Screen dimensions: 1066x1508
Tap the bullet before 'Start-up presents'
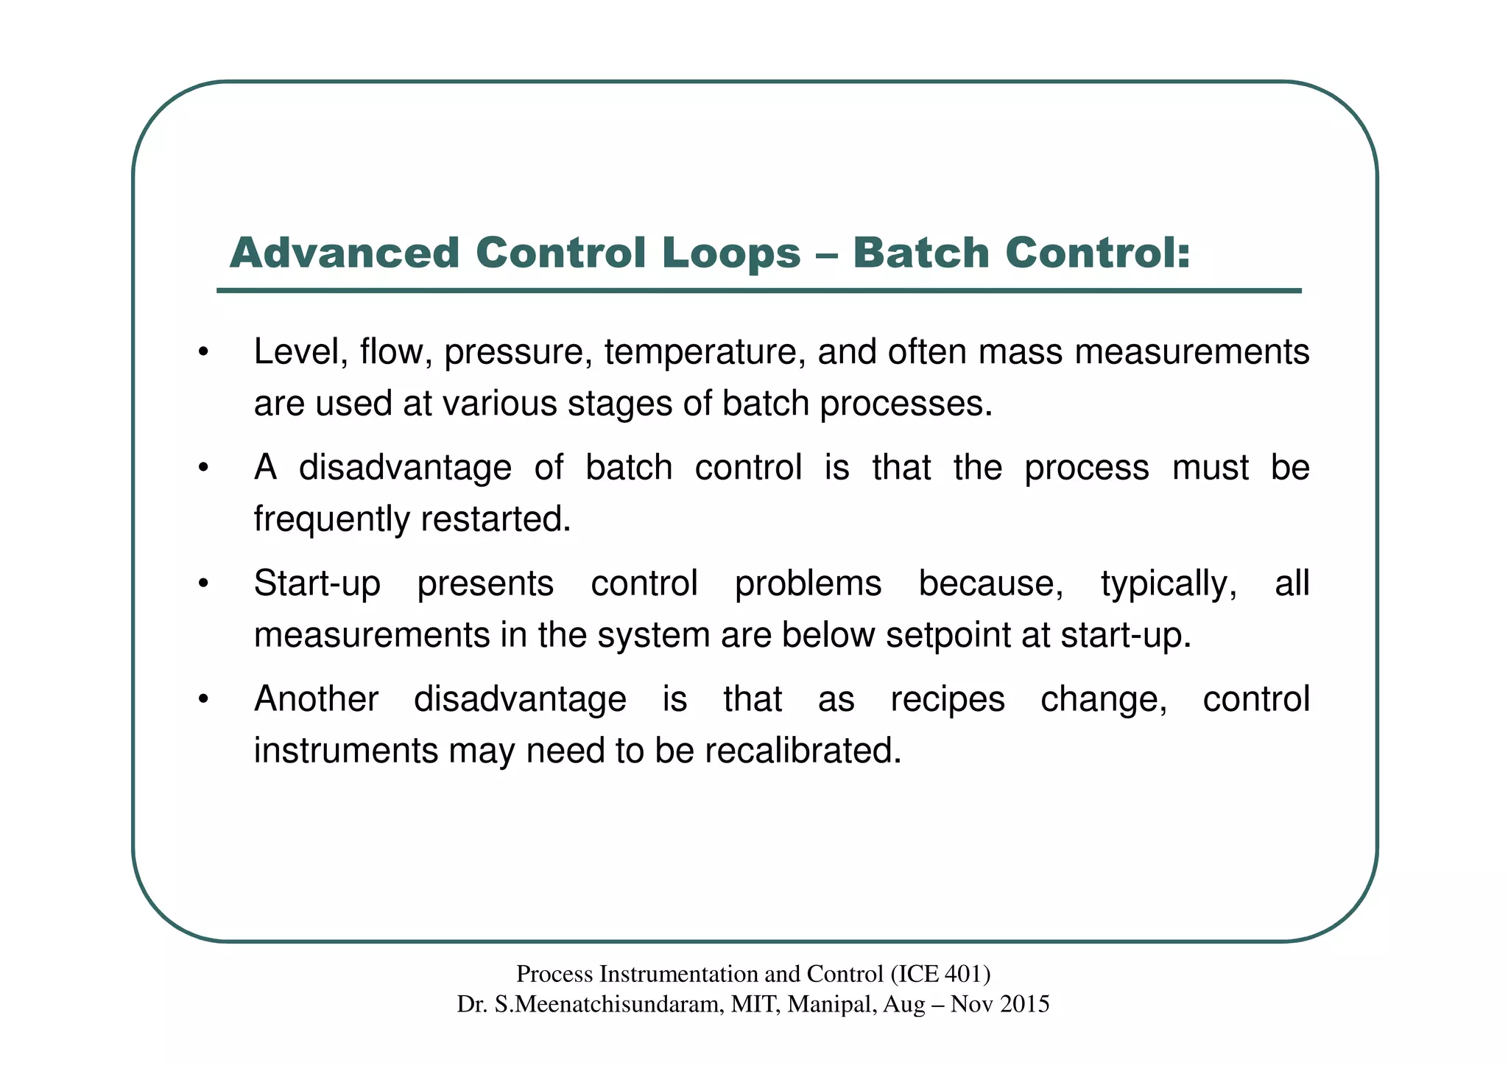[x=204, y=583]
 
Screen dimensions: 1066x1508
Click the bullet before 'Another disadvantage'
[x=204, y=699]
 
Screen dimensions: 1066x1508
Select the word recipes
[x=947, y=700]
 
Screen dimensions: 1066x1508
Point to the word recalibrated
[x=803, y=751]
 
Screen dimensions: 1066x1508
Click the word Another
[x=316, y=699]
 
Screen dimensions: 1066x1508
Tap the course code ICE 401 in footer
[x=940, y=975]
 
